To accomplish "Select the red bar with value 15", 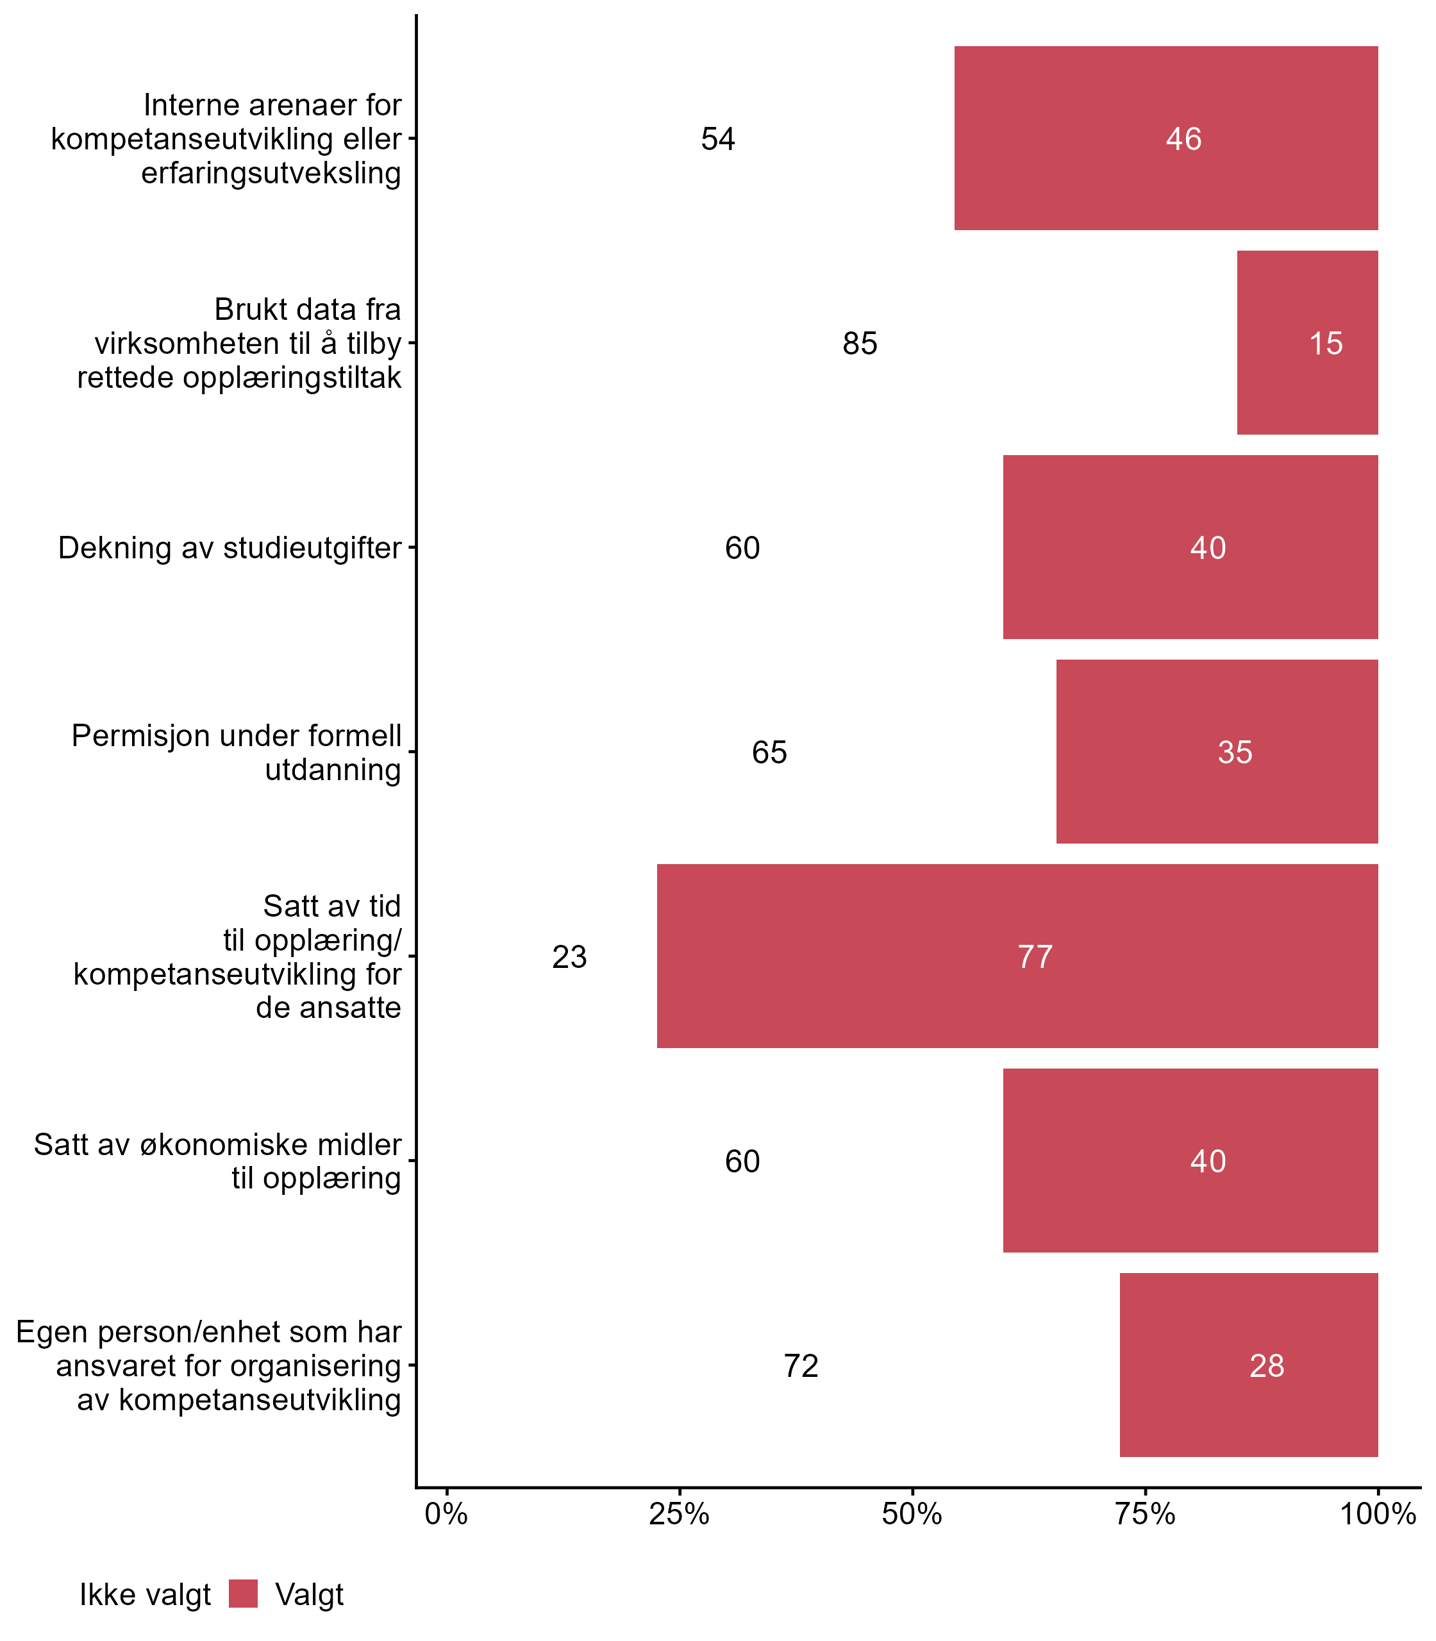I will [x=1307, y=343].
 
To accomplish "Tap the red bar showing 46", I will [x=1166, y=138].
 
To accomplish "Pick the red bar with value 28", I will [x=1249, y=1365].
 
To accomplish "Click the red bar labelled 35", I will [x=1217, y=751].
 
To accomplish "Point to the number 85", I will [x=860, y=344].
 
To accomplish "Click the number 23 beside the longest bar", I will [x=570, y=956].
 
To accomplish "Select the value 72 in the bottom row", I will [x=801, y=1365].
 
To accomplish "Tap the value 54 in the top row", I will [x=718, y=140].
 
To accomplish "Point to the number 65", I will [x=769, y=753].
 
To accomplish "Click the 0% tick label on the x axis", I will [x=446, y=1513].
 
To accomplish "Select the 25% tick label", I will [x=679, y=1513].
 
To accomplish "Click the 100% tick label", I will [x=1378, y=1513].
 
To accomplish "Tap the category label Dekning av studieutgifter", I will [x=230, y=548].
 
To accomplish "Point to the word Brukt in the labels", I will [x=244, y=309].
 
